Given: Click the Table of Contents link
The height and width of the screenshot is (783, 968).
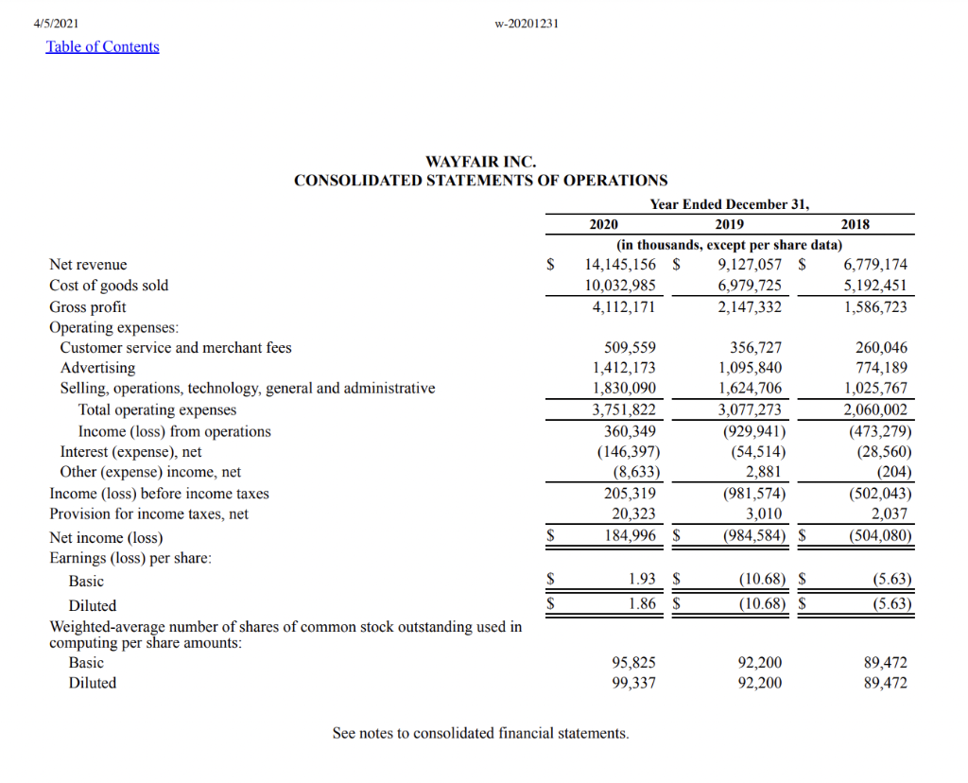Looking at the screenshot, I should point(102,47).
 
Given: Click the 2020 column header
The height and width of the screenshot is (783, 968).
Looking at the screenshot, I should point(603,224).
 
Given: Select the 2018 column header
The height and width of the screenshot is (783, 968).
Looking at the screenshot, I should point(855,224).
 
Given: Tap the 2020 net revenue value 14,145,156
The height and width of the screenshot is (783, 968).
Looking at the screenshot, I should point(620,265).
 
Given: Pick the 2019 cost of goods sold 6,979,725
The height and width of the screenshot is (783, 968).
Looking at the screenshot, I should point(750,286).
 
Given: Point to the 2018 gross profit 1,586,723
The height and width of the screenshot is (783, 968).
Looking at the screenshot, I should point(875,307).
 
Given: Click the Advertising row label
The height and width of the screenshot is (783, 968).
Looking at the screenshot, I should point(97,368).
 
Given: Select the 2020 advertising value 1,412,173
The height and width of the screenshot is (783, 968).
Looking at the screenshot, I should point(624,368).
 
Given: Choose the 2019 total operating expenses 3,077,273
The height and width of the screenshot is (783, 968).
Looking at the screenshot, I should point(750,410).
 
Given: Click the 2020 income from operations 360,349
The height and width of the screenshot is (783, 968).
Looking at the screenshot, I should point(630,431).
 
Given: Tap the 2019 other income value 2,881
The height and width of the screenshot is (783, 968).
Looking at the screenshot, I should point(763,472).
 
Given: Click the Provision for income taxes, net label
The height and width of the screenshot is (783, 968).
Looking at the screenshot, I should point(148,514).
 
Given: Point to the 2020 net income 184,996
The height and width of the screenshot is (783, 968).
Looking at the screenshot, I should point(630,536).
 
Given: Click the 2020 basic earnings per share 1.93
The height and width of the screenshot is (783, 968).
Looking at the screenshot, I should point(642,579).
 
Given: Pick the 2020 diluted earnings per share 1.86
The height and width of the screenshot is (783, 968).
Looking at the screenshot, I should point(642,601).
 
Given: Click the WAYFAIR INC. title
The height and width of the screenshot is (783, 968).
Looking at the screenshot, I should point(480,163).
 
